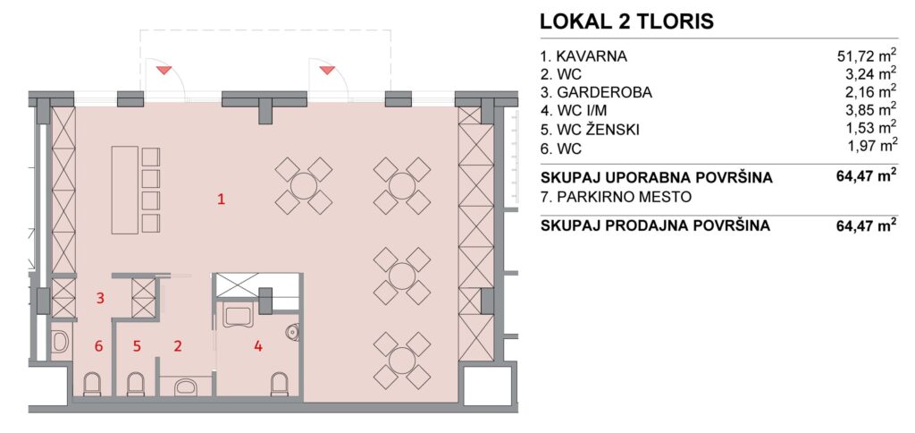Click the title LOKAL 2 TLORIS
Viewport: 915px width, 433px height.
626,21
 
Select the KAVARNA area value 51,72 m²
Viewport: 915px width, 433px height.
866,56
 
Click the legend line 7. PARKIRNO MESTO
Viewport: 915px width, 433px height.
616,197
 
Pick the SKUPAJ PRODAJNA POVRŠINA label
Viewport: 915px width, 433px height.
655,225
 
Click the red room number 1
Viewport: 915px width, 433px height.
222,200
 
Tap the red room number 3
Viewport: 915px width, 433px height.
100,299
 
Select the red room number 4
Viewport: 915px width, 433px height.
258,346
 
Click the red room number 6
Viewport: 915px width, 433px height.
98,346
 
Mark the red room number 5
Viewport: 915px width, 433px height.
137,346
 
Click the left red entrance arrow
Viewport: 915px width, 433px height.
164,71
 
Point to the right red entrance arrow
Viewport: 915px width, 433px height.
327,71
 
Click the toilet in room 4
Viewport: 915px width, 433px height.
280,385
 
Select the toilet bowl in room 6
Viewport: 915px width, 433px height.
92,384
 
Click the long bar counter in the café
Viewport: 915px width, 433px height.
125,191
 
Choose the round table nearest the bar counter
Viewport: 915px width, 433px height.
304,186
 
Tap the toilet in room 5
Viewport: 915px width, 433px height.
136,384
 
